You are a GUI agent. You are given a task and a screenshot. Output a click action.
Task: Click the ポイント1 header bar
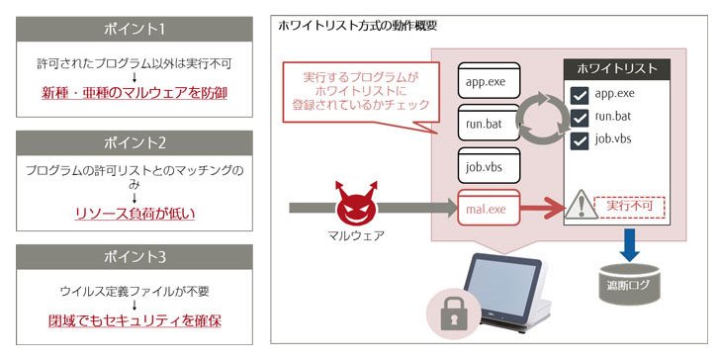(x=135, y=30)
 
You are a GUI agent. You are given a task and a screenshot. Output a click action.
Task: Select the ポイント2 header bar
(x=135, y=143)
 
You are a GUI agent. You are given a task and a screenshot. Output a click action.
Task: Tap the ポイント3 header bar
(x=135, y=257)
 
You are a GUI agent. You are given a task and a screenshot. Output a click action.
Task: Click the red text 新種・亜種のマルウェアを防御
(x=135, y=93)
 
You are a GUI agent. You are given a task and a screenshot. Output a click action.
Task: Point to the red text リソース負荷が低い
(x=135, y=214)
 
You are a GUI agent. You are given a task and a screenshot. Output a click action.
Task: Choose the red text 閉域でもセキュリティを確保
(x=135, y=320)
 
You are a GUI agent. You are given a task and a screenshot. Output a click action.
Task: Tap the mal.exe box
(x=489, y=208)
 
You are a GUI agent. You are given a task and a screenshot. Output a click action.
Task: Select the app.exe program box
(x=489, y=80)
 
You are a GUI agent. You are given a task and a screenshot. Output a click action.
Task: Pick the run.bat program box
(x=489, y=122)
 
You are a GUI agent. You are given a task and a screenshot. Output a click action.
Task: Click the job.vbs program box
(x=489, y=165)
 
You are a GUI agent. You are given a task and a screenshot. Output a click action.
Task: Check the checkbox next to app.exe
(x=580, y=95)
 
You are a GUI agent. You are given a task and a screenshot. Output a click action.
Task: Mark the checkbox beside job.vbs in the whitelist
(x=580, y=140)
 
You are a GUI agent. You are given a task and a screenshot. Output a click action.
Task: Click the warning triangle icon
(x=581, y=205)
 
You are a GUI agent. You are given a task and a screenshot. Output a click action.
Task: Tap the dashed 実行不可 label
(x=630, y=207)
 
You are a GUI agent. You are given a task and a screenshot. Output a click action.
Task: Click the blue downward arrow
(x=630, y=245)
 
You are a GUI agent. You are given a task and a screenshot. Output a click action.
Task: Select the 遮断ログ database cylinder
(x=630, y=284)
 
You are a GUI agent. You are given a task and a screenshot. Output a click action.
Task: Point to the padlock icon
(x=454, y=315)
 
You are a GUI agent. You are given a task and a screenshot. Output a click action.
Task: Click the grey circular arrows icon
(x=542, y=119)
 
